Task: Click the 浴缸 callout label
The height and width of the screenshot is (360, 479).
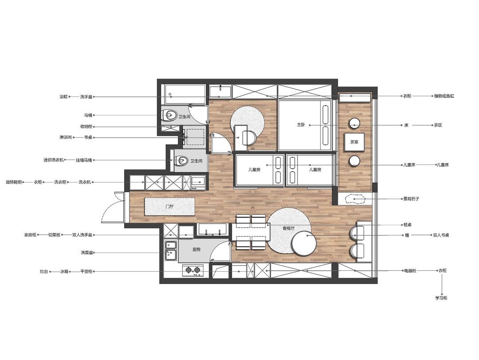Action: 63,97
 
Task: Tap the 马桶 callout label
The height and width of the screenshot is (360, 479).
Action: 88,115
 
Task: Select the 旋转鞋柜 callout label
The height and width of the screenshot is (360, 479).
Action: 14,182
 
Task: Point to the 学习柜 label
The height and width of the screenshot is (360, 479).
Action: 441,298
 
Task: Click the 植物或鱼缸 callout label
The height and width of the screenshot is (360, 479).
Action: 444,96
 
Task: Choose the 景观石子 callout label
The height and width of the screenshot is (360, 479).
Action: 411,199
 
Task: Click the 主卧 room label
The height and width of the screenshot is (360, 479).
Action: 301,125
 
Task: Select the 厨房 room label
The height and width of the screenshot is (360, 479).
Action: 196,249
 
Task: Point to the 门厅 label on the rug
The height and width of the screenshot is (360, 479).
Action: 169,207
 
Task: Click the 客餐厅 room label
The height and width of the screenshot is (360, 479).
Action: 289,228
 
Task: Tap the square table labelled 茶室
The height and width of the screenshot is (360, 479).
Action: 354,142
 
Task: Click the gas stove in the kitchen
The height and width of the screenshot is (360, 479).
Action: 193,270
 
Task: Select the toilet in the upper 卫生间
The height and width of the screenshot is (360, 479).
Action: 169,115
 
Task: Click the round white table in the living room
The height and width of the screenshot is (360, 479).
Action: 304,243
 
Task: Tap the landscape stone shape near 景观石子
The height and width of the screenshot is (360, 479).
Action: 355,199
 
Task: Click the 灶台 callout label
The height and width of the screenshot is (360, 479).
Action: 44,271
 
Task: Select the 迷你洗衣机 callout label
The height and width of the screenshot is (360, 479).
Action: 54,160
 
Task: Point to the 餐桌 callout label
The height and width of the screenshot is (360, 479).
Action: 408,225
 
